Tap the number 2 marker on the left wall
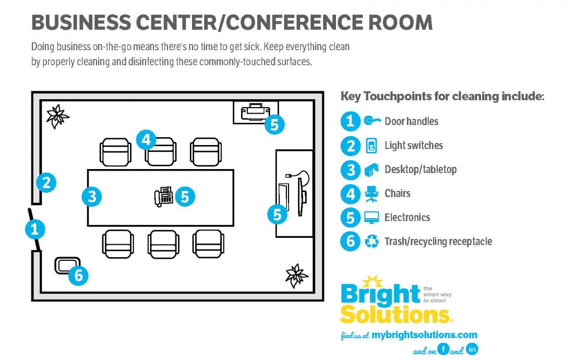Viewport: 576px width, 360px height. (x=46, y=183)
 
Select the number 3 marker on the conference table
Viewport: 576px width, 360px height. (x=92, y=197)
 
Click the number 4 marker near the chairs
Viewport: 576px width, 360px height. (x=146, y=140)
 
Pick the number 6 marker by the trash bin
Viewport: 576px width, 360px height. (x=78, y=276)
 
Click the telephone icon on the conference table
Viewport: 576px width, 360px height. (x=163, y=197)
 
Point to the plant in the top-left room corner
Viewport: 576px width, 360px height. (x=57, y=116)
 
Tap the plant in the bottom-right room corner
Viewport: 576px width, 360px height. (x=296, y=275)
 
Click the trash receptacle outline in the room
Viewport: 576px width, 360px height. (x=67, y=265)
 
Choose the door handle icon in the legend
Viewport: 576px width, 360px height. (x=370, y=121)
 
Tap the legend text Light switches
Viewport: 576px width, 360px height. (x=413, y=146)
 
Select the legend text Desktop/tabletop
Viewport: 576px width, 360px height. (x=420, y=170)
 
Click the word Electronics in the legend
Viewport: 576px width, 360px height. (x=407, y=218)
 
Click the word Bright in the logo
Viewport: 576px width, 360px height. (x=380, y=294)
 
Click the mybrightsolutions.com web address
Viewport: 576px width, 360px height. (x=424, y=335)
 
